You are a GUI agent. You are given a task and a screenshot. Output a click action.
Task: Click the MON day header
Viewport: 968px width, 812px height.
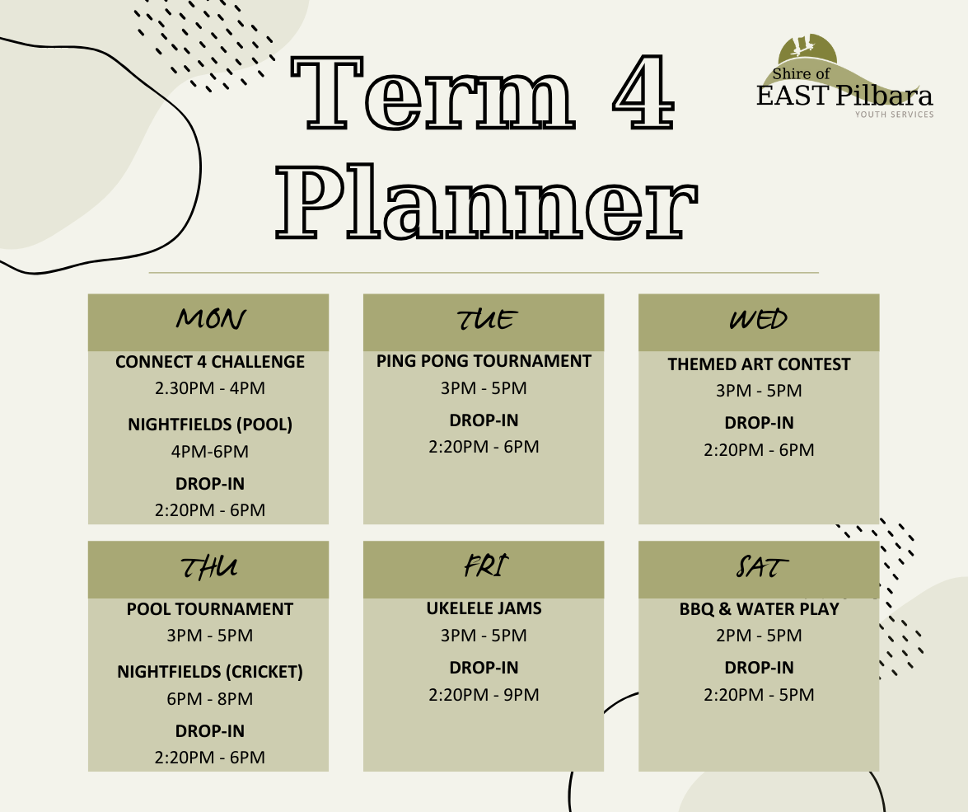click(x=210, y=319)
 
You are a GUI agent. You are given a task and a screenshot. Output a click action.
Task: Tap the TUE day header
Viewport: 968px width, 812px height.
click(x=485, y=320)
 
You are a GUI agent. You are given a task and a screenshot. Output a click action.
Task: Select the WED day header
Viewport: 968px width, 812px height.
click(x=758, y=320)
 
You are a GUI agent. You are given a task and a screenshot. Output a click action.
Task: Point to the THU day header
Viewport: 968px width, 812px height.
click(x=208, y=567)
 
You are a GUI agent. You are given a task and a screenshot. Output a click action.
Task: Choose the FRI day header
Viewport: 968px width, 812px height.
click(x=485, y=566)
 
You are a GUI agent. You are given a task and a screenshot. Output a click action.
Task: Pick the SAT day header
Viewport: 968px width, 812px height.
click(x=762, y=566)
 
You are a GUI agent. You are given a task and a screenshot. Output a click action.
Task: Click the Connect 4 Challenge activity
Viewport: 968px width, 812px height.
click(x=210, y=362)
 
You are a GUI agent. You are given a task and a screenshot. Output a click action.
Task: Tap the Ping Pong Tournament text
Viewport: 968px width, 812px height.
click(x=484, y=361)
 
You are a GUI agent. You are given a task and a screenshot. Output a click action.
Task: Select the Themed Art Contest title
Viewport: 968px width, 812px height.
click(x=759, y=364)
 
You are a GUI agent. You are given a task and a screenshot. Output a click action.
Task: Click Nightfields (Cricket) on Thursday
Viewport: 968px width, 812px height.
click(x=210, y=672)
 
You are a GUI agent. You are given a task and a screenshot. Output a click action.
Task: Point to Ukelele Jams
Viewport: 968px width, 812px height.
click(x=484, y=608)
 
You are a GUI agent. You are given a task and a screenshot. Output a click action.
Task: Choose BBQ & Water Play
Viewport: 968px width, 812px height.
click(x=760, y=608)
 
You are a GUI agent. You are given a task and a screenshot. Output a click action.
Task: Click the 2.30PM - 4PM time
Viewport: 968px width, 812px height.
click(x=210, y=388)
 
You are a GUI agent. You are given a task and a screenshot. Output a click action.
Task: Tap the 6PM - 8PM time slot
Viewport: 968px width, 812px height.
click(x=210, y=699)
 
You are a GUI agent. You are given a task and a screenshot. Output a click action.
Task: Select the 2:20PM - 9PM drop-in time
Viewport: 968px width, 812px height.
click(x=484, y=695)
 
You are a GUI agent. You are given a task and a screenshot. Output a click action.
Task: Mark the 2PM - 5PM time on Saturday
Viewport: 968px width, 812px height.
click(x=759, y=636)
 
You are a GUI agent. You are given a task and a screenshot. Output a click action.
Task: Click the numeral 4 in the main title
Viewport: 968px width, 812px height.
click(x=643, y=92)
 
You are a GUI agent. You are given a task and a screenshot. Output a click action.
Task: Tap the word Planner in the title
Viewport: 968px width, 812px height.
click(x=486, y=201)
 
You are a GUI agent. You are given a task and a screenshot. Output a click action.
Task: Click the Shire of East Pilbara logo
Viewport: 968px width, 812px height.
click(x=845, y=77)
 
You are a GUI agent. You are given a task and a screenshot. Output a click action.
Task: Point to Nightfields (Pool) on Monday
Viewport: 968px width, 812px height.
click(x=210, y=425)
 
